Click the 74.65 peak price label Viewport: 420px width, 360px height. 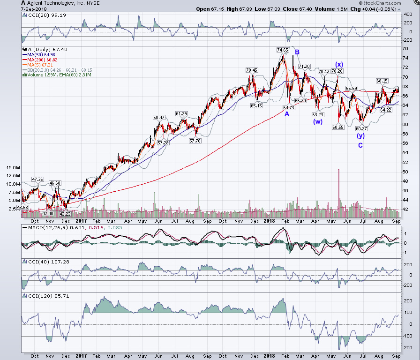(283, 50)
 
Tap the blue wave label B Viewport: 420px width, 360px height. (297, 52)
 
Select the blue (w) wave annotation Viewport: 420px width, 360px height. (318, 121)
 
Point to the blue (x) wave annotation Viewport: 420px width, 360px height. (339, 64)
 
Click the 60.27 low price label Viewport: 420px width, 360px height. (361, 128)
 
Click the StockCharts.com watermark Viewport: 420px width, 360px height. (380, 3)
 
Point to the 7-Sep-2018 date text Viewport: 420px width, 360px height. (34, 9)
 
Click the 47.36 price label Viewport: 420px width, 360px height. (37, 179)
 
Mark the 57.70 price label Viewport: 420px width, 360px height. (195, 141)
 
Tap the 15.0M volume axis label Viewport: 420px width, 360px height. (13, 168)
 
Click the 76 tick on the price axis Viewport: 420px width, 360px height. (405, 48)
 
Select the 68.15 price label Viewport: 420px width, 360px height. (382, 81)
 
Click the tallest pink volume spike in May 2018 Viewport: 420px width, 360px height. (339, 193)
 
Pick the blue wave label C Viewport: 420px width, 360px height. (360, 145)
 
